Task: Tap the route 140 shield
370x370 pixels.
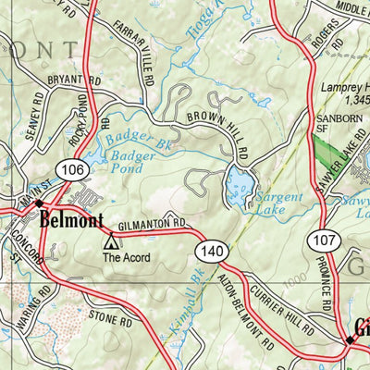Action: pyautogui.click(x=207, y=250)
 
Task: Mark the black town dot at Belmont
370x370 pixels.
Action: pyautogui.click(x=39, y=203)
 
